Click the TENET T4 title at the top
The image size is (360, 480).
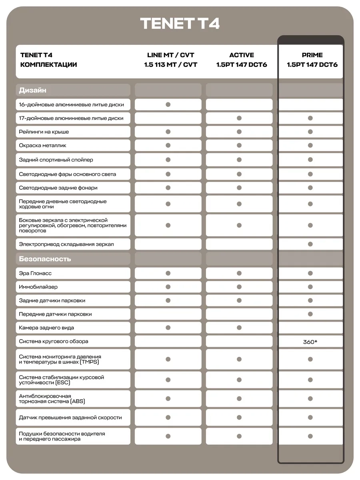click(180, 23)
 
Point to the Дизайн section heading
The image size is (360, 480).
click(32, 90)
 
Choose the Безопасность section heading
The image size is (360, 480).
click(45, 259)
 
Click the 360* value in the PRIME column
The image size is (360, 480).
click(310, 342)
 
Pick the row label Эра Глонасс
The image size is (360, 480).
click(35, 273)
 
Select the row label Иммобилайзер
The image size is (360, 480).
click(38, 287)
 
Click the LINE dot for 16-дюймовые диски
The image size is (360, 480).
click(168, 104)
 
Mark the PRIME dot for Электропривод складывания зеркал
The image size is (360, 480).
click(310, 244)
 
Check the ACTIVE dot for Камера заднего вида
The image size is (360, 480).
click(239, 328)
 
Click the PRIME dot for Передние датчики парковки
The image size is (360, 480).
click(310, 314)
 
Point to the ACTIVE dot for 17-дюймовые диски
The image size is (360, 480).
click(239, 118)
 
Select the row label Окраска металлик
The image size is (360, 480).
click(42, 145)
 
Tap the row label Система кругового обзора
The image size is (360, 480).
click(54, 341)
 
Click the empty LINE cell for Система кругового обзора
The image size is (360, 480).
click(168, 341)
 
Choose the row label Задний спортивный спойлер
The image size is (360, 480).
click(56, 160)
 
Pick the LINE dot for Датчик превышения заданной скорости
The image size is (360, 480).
click(168, 417)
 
